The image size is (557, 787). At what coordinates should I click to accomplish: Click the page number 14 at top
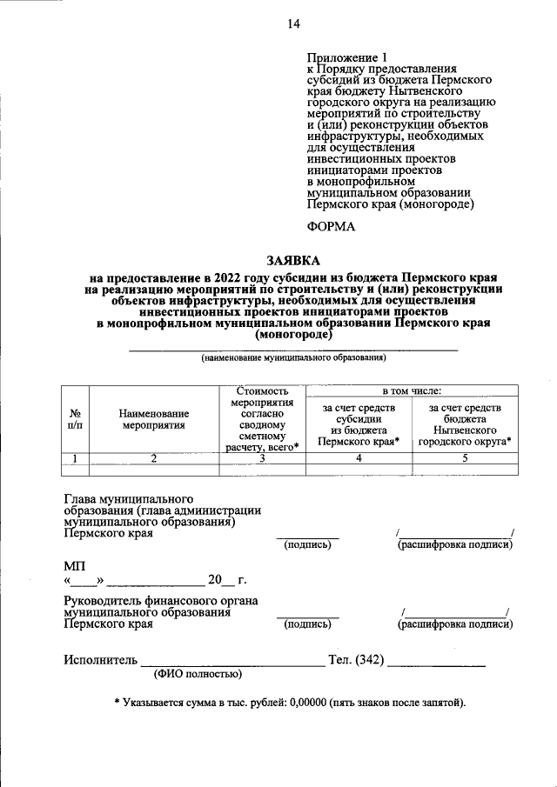click(x=293, y=24)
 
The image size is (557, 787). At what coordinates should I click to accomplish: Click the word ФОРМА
click(x=332, y=226)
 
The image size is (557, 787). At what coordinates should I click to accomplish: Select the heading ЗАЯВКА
click(x=292, y=260)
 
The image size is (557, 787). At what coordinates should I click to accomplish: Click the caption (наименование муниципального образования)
click(x=292, y=357)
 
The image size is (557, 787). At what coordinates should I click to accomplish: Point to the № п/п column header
click(x=76, y=419)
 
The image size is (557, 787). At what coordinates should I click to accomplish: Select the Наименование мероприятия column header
click(x=154, y=419)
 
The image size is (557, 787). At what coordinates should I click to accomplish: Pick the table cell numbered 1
click(x=76, y=459)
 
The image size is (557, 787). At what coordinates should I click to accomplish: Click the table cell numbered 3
click(x=261, y=459)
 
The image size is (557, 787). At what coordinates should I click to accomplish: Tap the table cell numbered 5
click(x=464, y=459)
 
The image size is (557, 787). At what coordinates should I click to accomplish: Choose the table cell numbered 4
click(x=358, y=459)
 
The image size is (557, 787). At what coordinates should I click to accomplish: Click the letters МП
click(x=74, y=566)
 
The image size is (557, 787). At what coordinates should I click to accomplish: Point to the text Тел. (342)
click(x=355, y=660)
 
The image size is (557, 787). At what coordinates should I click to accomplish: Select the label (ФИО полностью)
click(x=198, y=674)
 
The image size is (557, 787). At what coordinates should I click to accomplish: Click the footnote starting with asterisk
click(x=290, y=702)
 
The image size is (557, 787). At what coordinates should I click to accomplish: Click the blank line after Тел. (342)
click(x=436, y=664)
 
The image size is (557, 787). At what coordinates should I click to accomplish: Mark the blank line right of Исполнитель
click(x=232, y=664)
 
